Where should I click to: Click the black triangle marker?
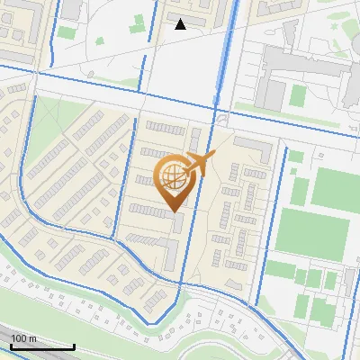[181, 24]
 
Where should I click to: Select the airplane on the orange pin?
[200, 164]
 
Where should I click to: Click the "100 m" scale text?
[23, 338]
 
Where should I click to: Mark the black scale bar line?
[41, 347]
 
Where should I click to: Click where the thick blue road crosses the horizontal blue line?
[217, 109]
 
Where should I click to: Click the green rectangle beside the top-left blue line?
[67, 32]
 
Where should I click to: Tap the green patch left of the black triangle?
[139, 22]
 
